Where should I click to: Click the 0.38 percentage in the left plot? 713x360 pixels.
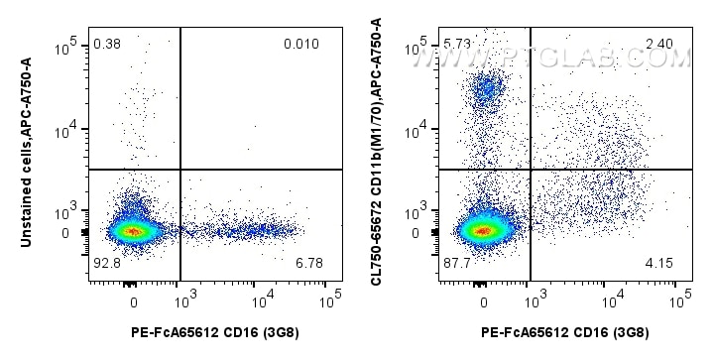(x=106, y=44)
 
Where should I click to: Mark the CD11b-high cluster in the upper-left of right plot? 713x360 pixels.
(x=485, y=92)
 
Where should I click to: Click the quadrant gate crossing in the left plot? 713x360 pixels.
(x=179, y=170)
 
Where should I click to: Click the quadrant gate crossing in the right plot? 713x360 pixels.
(x=531, y=170)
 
